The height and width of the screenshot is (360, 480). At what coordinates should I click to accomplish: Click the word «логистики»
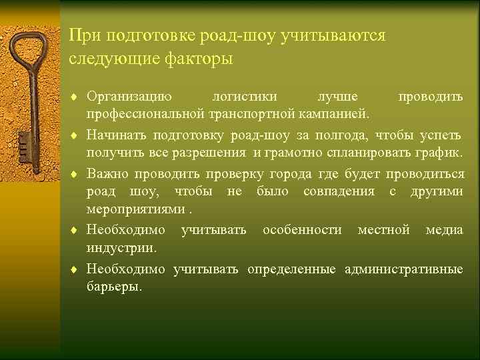242,97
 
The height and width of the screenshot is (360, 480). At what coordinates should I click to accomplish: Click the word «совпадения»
341,192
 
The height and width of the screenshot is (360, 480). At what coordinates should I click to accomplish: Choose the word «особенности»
302,231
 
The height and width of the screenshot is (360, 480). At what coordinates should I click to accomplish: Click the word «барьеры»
113,287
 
